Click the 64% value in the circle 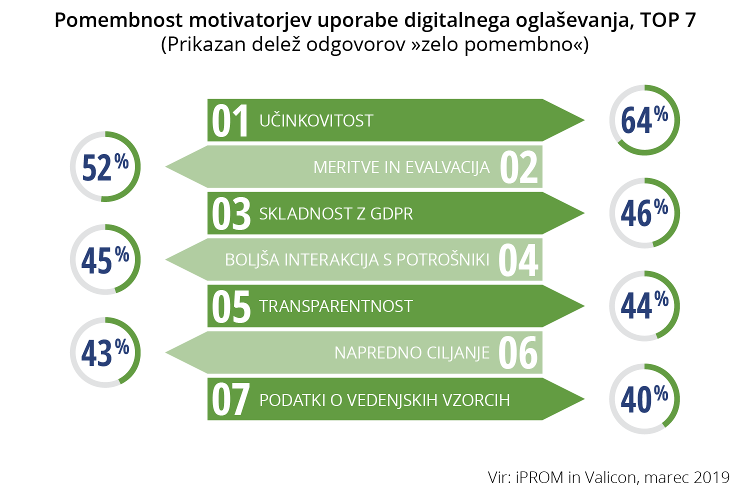644,119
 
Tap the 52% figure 105,167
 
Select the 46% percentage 644,212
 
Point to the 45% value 105,259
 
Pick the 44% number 644,305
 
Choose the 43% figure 105,352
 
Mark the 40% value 644,398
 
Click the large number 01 230,120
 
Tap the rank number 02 519,167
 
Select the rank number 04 518,259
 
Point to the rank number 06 518,352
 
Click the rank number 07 230,399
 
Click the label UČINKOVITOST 316,120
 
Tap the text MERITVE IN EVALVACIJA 401,167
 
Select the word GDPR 391,213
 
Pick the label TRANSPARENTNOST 336,306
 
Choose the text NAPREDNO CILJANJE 412,352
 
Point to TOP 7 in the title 668,20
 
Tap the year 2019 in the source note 711,477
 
